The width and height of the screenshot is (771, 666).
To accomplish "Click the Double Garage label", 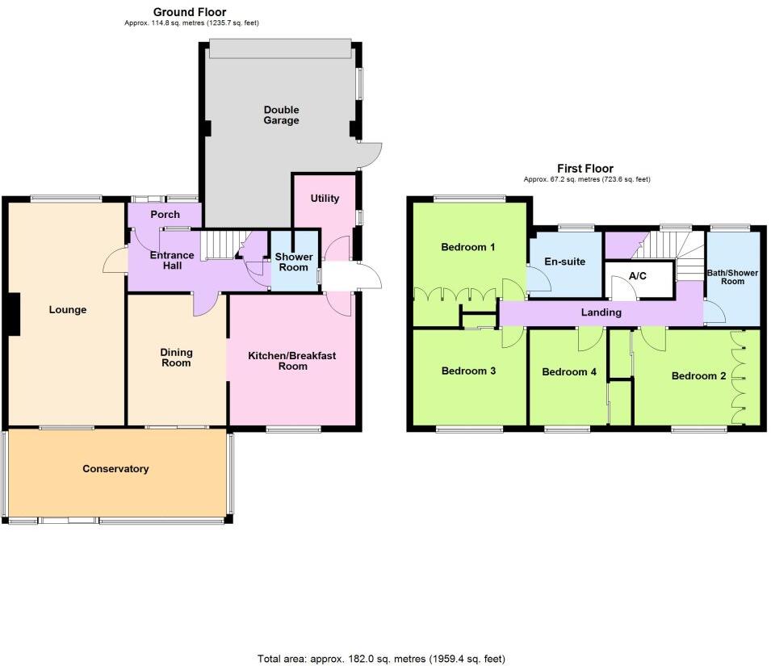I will tap(280, 115).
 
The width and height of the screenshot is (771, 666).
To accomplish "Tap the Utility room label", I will tap(325, 199).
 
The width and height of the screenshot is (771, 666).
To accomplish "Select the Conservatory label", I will tap(115, 469).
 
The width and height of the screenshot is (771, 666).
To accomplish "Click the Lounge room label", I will tap(67, 310).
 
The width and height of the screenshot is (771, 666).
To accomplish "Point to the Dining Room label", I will tap(176, 358).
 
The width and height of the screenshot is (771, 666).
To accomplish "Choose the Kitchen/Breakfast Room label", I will tap(289, 361).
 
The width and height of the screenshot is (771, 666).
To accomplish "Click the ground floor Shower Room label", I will tap(294, 262).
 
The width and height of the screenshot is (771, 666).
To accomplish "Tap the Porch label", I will tap(165, 215).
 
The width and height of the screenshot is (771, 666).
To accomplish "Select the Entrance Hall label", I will tap(172, 261).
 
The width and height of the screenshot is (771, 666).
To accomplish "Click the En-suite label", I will tap(565, 262).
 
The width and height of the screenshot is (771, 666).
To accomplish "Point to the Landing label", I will tap(601, 312).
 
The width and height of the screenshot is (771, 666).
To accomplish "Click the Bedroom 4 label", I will tap(568, 372).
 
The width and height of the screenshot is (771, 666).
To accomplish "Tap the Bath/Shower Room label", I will tap(733, 277).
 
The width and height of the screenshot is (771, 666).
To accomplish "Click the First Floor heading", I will tap(585, 169).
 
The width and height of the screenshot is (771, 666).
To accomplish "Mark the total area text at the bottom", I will tap(381, 659).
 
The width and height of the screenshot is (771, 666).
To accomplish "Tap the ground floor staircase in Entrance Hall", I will tap(219, 245).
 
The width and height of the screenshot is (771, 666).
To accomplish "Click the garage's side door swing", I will tap(371, 153).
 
